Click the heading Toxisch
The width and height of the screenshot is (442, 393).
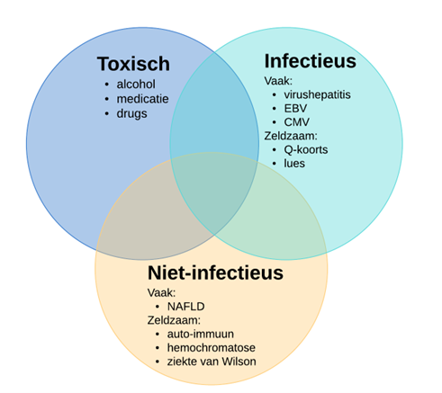tap(133, 64)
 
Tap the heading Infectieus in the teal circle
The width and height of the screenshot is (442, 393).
tap(311, 61)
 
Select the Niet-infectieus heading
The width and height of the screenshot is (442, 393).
tap(215, 272)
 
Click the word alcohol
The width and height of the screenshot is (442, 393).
tap(136, 85)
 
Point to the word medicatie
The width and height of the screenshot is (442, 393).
tap(142, 99)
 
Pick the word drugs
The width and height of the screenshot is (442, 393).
tap(131, 114)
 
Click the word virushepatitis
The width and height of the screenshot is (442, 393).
tap(317, 94)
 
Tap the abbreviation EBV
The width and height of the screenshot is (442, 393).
tap(295, 109)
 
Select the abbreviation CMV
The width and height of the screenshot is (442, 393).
tap(297, 122)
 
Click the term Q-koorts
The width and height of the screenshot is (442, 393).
tap(306, 149)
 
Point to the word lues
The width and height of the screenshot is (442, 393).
tap(294, 164)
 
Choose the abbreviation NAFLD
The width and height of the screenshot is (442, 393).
tap(186, 307)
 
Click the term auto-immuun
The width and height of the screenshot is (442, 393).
tap(201, 334)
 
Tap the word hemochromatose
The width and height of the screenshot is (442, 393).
tap(212, 348)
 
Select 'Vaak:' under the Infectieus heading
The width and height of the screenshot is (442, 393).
tap(278, 81)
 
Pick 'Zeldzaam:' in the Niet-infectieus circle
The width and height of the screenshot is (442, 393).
tap(174, 320)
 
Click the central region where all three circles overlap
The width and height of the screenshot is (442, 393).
tap(213, 192)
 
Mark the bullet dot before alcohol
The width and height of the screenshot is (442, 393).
tap(107, 85)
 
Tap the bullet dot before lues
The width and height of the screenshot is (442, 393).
tap(275, 164)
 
